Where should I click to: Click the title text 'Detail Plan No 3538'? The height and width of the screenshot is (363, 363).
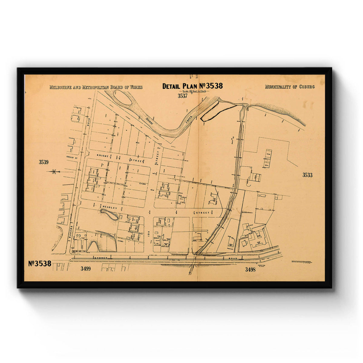click(x=192, y=86)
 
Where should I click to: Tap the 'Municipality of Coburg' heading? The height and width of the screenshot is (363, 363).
click(x=289, y=87)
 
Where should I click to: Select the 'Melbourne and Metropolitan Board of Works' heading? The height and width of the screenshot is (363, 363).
click(x=96, y=87)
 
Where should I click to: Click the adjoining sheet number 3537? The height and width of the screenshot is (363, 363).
click(x=182, y=96)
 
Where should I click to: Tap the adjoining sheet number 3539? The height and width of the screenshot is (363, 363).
click(x=44, y=162)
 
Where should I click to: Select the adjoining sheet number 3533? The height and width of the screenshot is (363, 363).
click(x=307, y=175)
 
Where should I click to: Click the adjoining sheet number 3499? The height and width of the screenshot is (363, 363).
click(x=86, y=269)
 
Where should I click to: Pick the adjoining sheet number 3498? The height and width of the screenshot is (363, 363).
click(x=250, y=269)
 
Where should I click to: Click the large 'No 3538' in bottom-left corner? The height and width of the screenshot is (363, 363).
click(x=40, y=263)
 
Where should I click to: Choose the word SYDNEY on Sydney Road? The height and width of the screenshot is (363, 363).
click(x=101, y=258)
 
